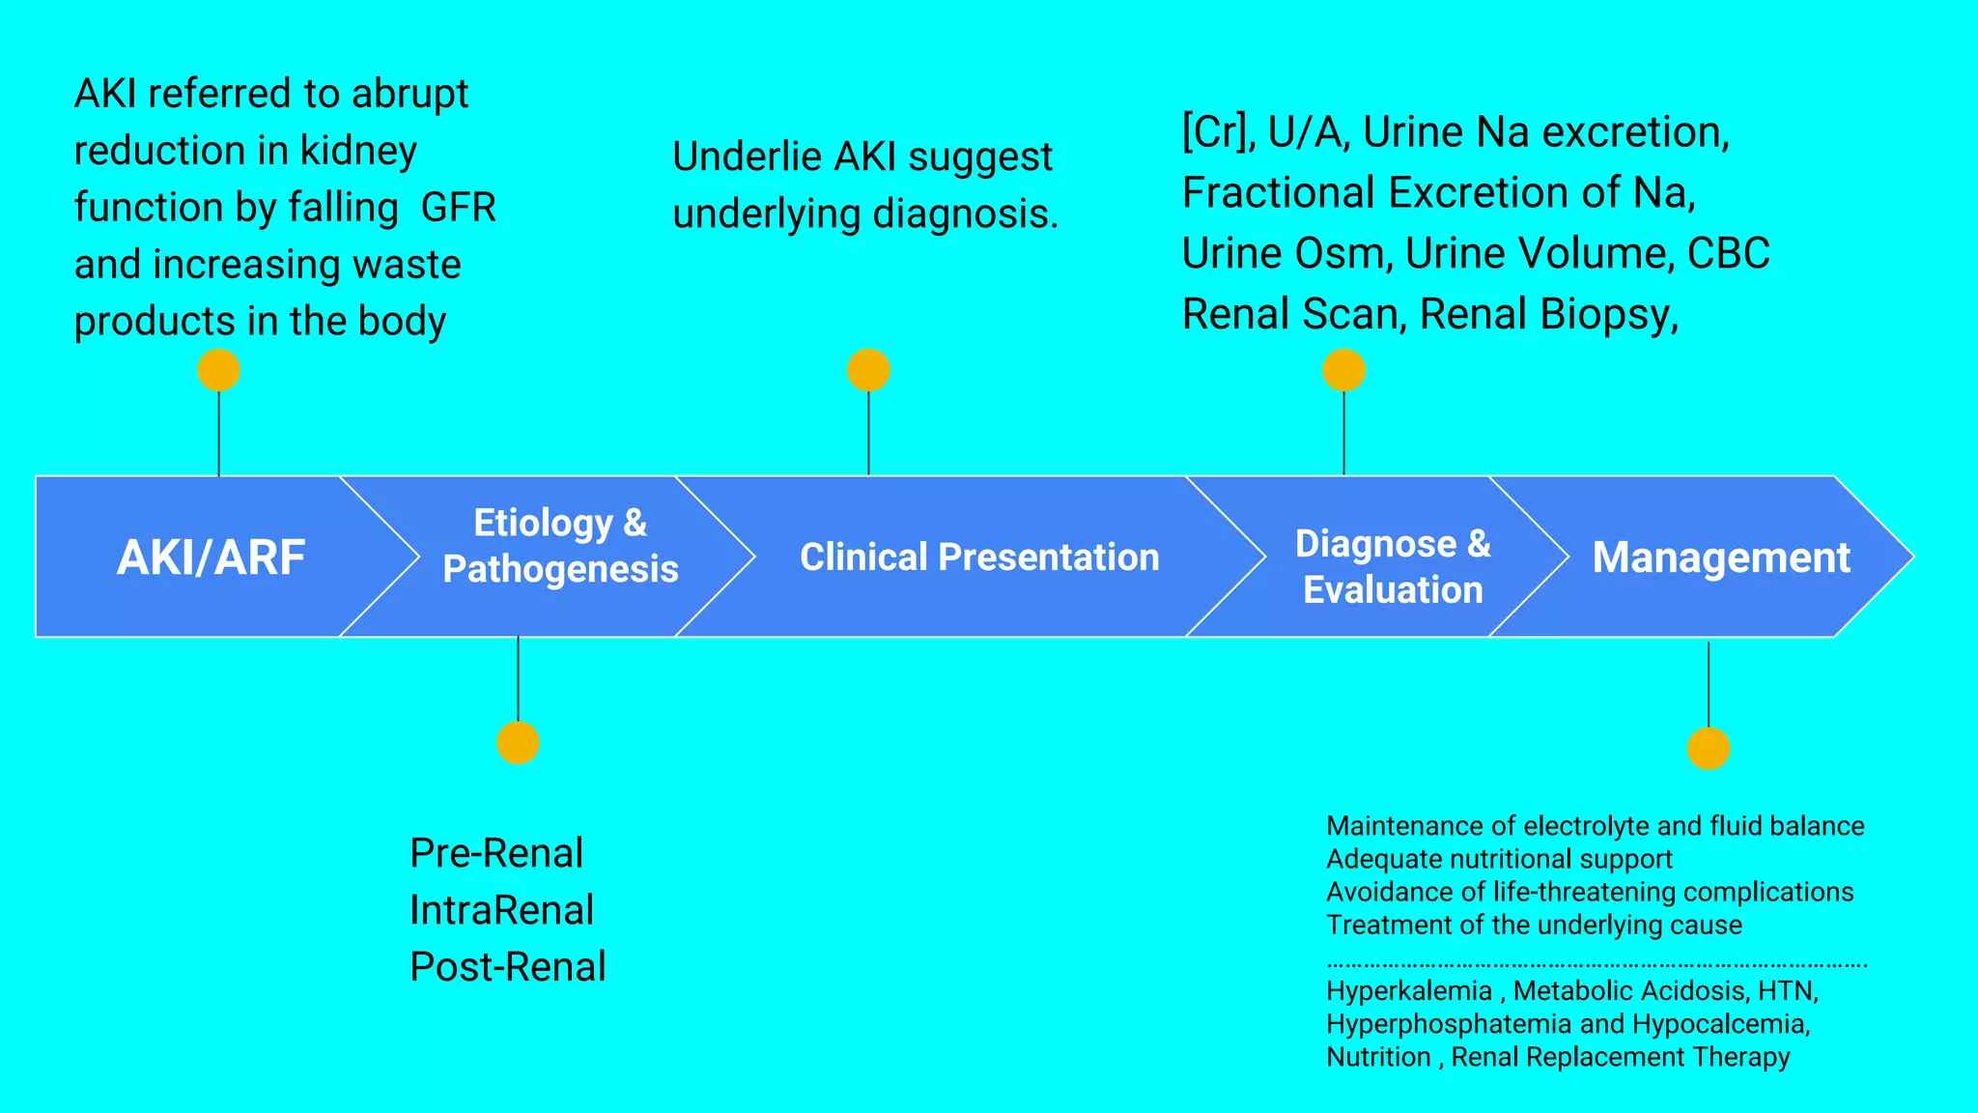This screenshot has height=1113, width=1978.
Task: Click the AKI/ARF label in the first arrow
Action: point(211,557)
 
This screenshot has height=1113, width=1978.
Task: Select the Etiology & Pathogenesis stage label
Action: point(560,546)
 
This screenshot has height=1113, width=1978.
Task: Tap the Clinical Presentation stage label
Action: point(979,557)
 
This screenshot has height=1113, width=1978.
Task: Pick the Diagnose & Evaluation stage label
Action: point(1393,566)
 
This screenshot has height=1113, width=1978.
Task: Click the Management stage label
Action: point(1721,557)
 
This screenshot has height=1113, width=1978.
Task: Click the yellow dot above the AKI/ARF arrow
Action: point(218,370)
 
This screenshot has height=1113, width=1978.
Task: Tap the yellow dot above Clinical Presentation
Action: point(868,370)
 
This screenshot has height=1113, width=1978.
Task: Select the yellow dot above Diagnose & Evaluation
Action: point(1343,370)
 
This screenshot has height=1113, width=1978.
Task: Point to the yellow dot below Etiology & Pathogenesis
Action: point(518,743)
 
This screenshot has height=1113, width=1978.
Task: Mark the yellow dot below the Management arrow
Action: point(1709,749)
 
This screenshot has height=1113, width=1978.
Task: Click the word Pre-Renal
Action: point(496,853)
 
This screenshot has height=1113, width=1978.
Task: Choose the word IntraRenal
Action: point(501,910)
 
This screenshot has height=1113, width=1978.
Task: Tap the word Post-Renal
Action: point(508,967)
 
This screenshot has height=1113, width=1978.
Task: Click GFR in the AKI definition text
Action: point(459,208)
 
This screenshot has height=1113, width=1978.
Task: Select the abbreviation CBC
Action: point(1728,253)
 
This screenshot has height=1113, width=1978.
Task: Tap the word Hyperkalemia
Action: point(1408,991)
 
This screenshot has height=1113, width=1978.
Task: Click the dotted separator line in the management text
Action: point(1596,964)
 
